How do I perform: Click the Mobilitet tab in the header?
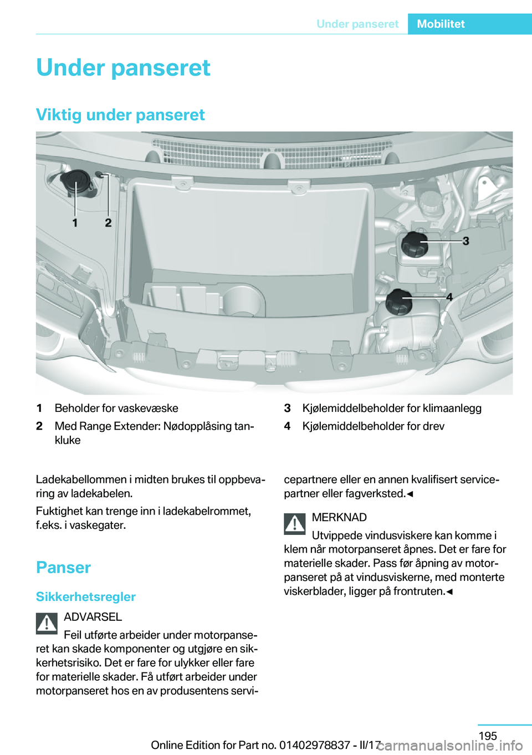[441, 24]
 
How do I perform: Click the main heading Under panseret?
[123, 68]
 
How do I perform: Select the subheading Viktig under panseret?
[120, 115]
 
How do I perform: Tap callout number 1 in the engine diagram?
[75, 223]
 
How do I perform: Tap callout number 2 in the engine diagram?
[108, 223]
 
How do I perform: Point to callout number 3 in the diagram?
[465, 241]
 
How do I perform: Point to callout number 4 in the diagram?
[449, 297]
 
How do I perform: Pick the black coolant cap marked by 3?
[415, 244]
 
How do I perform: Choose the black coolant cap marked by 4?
[400, 302]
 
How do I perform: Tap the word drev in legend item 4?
[434, 426]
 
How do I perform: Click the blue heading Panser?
[63, 568]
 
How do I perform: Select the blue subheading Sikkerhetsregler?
[86, 597]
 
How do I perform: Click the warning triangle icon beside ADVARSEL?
[47, 624]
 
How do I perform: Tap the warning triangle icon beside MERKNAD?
[295, 524]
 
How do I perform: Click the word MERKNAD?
[339, 518]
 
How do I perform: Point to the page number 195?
[488, 736]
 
